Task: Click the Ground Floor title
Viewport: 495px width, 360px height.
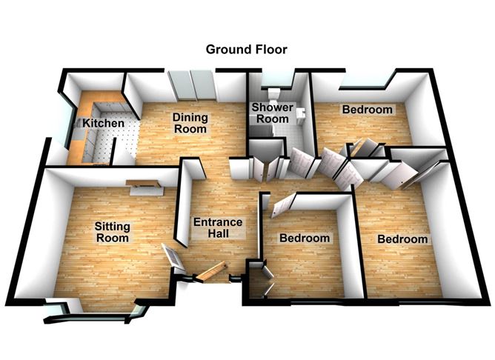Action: (246, 50)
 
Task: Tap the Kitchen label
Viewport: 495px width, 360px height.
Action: (97, 122)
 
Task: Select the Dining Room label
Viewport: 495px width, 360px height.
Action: (189, 122)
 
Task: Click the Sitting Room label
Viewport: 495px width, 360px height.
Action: (113, 232)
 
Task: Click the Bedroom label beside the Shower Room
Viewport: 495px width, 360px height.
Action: (366, 110)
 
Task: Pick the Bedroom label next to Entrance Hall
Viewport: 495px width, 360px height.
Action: (304, 239)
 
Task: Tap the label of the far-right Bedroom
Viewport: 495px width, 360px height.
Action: (402, 239)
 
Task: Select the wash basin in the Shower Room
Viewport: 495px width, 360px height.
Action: (301, 113)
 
